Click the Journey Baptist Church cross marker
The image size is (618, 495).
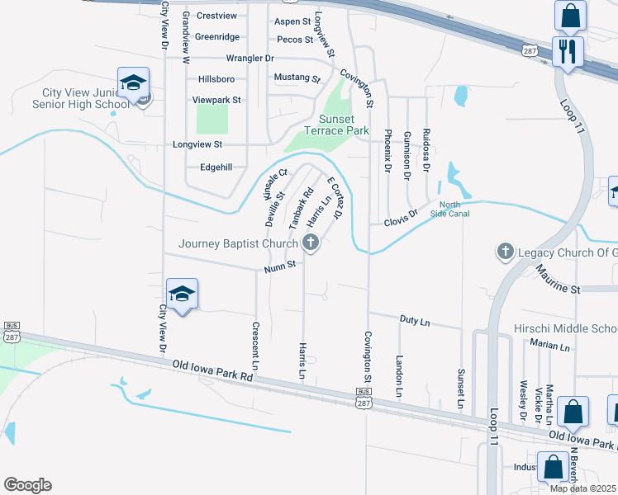(x=311, y=243)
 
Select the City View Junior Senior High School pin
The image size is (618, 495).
(x=133, y=83)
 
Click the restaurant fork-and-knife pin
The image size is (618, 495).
(x=568, y=51)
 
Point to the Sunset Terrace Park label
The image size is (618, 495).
(x=336, y=125)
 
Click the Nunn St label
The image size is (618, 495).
(x=280, y=268)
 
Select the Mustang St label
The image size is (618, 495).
(x=296, y=78)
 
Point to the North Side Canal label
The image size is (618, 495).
(x=454, y=209)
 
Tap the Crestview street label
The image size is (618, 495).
(x=216, y=16)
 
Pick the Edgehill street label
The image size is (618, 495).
(x=217, y=167)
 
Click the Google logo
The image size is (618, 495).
(x=27, y=485)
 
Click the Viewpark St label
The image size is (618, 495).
(x=216, y=100)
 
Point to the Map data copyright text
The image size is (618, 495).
(x=582, y=488)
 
